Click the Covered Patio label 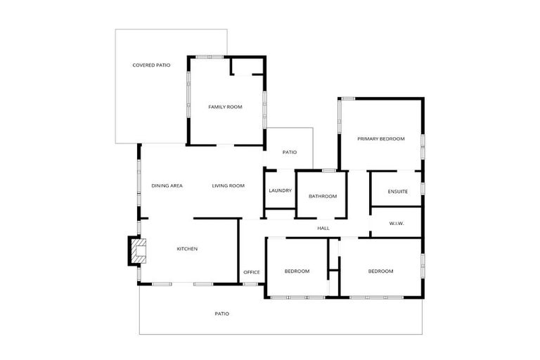point(151,65)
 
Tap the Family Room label point(225,107)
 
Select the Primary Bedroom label point(380,139)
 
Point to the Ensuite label point(397,191)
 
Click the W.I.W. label point(397,224)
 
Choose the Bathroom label point(323,196)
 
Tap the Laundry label point(280,191)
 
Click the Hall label point(323,228)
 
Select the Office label point(252,272)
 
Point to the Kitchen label point(186,249)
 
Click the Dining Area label point(167,186)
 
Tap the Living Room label point(228,186)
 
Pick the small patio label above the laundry point(290,152)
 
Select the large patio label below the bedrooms point(221,314)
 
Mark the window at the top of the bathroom point(328,170)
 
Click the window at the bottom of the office point(250,284)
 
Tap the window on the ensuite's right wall point(423,188)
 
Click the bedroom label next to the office point(296,271)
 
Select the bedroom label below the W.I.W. point(380,271)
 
